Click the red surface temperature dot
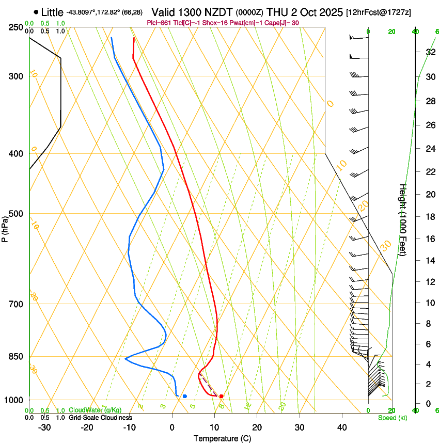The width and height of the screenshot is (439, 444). coord(221,396)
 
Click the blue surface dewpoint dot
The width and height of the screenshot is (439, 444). coord(184,396)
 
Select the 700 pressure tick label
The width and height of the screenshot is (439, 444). coord(16,304)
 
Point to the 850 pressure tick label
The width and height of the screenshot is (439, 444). coord(16,357)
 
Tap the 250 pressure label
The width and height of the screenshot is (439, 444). coord(16,27)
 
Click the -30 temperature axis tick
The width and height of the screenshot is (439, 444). coord(44,427)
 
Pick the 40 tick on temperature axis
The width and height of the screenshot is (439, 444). coord(341,427)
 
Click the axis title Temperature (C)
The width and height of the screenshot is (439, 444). coord(222,438)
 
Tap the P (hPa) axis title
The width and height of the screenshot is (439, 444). coord(5,227)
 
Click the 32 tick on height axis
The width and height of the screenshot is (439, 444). coord(429,52)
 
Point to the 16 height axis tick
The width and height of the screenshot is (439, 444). coord(429,239)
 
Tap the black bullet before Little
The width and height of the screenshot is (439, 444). coord(36,12)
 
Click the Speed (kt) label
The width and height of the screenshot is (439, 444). coord(392,418)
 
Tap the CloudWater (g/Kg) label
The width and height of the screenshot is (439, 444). coord(95,410)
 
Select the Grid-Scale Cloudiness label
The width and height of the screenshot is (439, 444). coord(100,417)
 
